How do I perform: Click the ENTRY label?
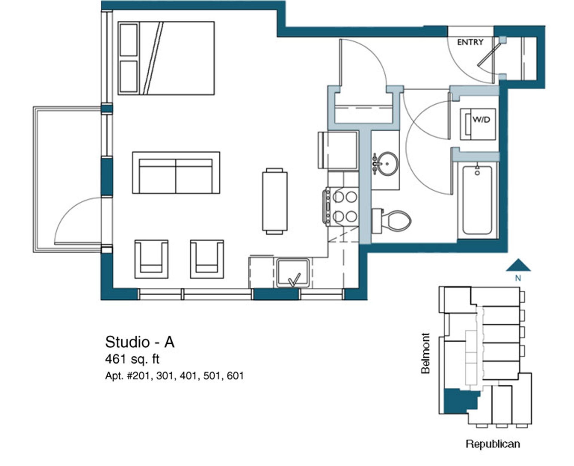[x=470, y=42]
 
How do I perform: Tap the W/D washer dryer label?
[x=481, y=120]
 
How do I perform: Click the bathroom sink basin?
[x=387, y=164]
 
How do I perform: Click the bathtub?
[x=477, y=200]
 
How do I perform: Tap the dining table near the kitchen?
[x=275, y=201]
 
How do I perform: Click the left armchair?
[x=151, y=259]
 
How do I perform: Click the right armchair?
[x=207, y=259]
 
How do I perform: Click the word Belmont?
[x=425, y=353]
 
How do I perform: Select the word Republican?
[x=493, y=444]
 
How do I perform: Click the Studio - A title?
[x=140, y=342]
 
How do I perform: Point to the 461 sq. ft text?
[x=132, y=359]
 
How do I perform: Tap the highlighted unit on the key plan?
[x=457, y=401]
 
